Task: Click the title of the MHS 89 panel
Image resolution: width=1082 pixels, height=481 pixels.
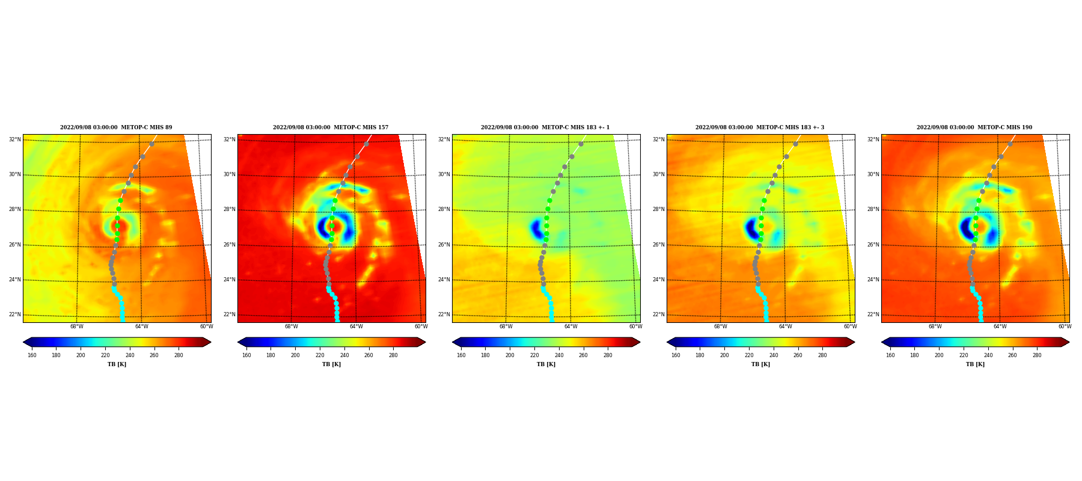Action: point(116,127)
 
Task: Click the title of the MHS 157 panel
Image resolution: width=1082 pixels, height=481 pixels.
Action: point(331,127)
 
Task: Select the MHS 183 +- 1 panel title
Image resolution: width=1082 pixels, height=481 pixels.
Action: point(545,127)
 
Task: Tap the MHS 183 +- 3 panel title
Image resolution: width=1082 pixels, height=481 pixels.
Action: point(760,127)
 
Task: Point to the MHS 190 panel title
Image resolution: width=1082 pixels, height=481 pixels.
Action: point(974,127)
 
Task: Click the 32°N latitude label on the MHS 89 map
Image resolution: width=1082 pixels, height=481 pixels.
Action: point(15,139)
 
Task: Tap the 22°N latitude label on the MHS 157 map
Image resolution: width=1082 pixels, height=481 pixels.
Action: point(230,314)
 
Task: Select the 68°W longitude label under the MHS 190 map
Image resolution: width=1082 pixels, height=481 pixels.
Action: point(935,326)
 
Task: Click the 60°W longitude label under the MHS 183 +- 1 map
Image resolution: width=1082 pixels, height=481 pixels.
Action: point(635,326)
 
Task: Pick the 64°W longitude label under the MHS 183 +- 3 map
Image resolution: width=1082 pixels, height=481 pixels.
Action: point(785,326)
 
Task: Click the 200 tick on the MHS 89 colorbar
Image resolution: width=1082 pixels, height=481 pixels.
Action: point(81,355)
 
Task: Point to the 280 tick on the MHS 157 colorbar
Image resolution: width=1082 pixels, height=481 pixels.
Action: point(393,355)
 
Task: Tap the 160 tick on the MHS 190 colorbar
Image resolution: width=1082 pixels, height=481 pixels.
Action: point(890,355)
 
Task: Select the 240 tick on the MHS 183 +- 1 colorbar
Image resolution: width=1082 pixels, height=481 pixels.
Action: point(559,355)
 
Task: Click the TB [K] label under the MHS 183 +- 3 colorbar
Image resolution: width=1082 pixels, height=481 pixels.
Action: point(760,364)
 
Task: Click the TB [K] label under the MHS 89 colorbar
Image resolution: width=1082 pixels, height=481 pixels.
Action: point(117,364)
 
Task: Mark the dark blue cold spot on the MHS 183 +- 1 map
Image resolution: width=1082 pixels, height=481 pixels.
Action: point(536,228)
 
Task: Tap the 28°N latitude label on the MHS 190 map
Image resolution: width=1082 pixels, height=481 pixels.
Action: point(873,209)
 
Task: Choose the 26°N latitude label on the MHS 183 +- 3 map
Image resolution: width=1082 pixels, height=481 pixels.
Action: point(659,245)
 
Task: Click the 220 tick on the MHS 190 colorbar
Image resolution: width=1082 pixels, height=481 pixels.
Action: point(964,355)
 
